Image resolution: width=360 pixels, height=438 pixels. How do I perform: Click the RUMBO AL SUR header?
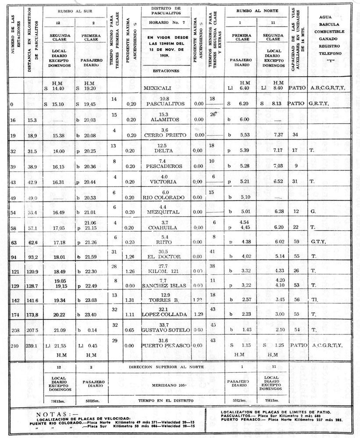tap(71, 10)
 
